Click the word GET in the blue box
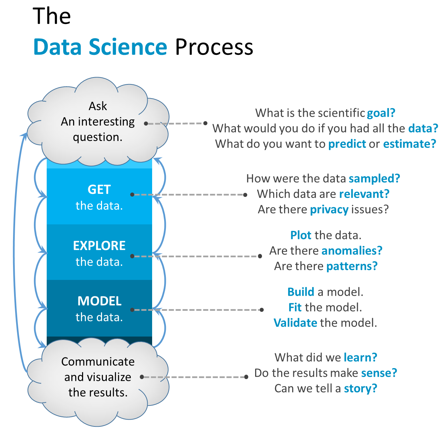pyautogui.click(x=99, y=190)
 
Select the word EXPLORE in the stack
pyautogui.click(x=99, y=246)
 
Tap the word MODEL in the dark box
pyautogui.click(x=100, y=301)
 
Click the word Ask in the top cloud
pyautogui.click(x=98, y=106)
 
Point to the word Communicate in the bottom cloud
pyautogui.click(x=98, y=362)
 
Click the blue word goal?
pyautogui.click(x=381, y=113)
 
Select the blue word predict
pyautogui.click(x=347, y=144)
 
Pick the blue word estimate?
pyautogui.click(x=409, y=144)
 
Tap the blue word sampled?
pyautogui.click(x=374, y=178)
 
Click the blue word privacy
pyautogui.click(x=329, y=209)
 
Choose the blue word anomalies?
pyautogui.click(x=352, y=251)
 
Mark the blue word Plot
pyautogui.click(x=301, y=235)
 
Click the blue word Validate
pyautogui.click(x=295, y=323)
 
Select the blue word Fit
pyautogui.click(x=295, y=307)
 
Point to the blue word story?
pyautogui.click(x=360, y=388)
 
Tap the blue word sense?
pyautogui.click(x=379, y=373)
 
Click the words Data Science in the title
pyautogui.click(x=100, y=47)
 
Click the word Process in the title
pyautogui.click(x=214, y=47)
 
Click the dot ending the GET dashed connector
pyautogui.click(x=245, y=195)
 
